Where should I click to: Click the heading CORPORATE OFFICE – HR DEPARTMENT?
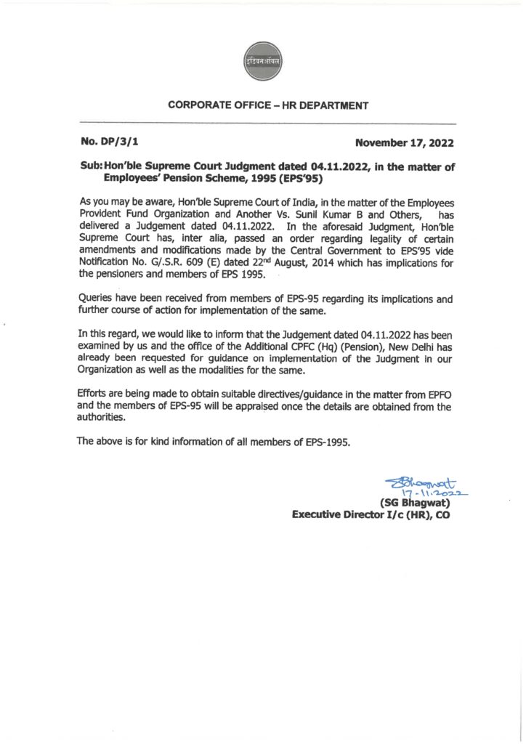pos(268,105)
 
